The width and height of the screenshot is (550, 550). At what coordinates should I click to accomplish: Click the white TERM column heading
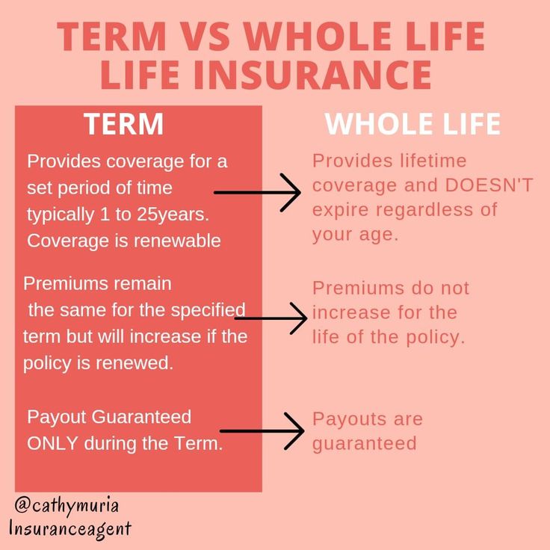pyautogui.click(x=123, y=124)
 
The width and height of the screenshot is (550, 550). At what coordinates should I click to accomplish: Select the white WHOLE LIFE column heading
pyautogui.click(x=412, y=124)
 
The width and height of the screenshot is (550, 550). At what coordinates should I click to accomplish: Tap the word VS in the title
pyautogui.click(x=203, y=36)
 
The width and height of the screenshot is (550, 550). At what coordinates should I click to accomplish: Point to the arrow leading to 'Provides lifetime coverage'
pyautogui.click(x=257, y=193)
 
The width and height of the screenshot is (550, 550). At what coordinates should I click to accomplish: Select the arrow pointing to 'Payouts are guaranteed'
pyautogui.click(x=262, y=430)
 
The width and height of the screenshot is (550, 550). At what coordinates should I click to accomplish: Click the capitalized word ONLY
pyautogui.click(x=53, y=442)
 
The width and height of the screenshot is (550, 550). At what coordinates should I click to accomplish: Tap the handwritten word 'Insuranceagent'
pyautogui.click(x=70, y=528)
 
